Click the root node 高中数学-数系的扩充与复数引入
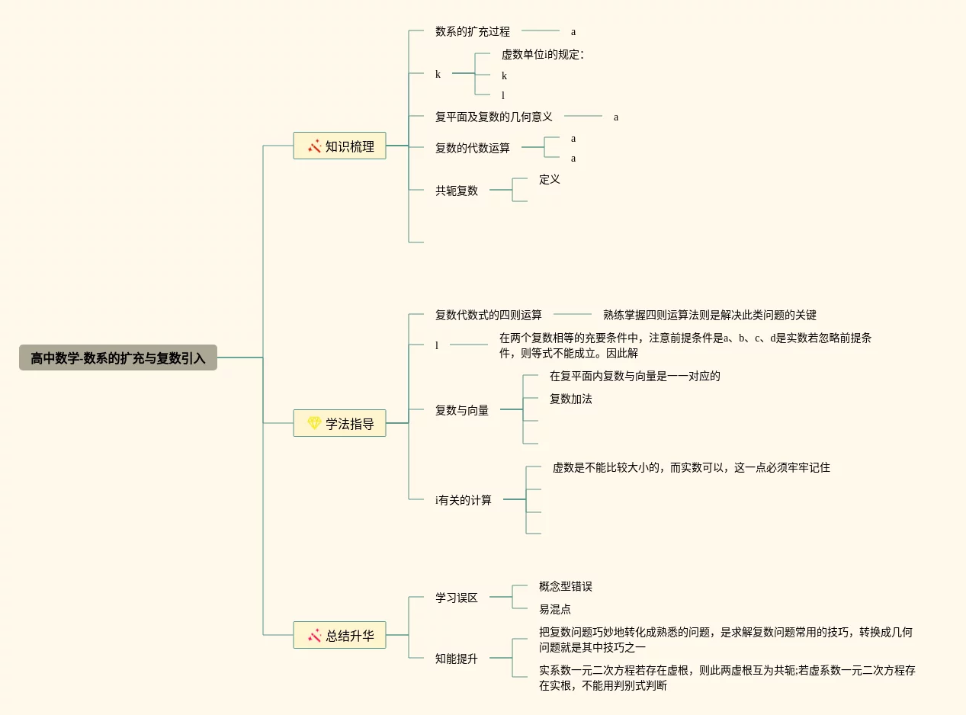tap(118, 357)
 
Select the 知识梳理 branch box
tap(340, 146)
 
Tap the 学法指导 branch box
tap(340, 423)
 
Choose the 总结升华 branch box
tap(340, 635)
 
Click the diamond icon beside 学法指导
tap(314, 423)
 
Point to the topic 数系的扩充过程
tap(472, 31)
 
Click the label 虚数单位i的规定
tap(542, 55)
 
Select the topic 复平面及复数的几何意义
tap(493, 117)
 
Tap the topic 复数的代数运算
tap(472, 148)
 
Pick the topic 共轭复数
tap(456, 191)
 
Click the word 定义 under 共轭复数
tap(549, 179)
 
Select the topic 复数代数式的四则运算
tap(488, 315)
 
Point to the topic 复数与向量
tap(461, 410)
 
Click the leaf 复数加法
tap(570, 399)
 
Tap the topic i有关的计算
tap(464, 500)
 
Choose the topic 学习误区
tap(456, 598)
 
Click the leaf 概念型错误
tap(565, 586)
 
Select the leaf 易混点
tap(554, 609)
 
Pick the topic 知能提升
tap(456, 659)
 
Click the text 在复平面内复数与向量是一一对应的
tap(634, 376)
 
